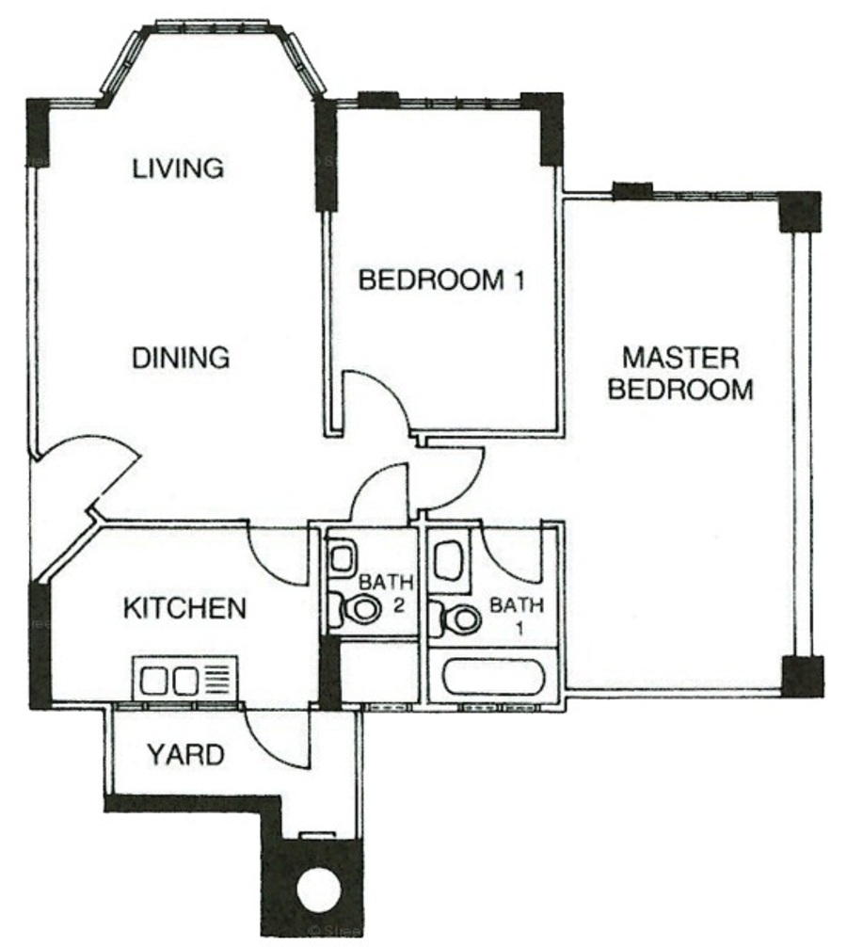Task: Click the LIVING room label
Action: [x=178, y=168]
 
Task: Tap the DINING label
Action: [x=181, y=358]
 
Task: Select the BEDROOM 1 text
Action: [x=441, y=280]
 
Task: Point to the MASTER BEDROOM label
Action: [x=680, y=373]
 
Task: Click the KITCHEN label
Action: [x=184, y=608]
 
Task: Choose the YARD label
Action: [x=186, y=755]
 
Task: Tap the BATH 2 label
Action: [x=387, y=594]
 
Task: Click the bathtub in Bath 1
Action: [x=494, y=678]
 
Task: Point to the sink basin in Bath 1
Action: [x=450, y=559]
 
